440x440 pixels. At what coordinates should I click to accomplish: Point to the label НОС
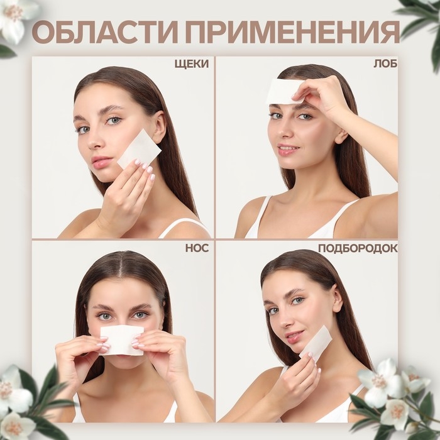pos(197,248)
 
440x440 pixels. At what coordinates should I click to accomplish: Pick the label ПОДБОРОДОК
pos(357,248)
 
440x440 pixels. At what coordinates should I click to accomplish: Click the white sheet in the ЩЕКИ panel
pos(140,150)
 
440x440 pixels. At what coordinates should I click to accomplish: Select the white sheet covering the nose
pos(121,339)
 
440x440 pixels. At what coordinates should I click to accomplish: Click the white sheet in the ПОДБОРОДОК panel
pos(316,343)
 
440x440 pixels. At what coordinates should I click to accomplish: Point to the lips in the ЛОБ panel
pos(288,151)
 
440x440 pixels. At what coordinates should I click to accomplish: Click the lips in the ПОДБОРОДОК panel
pos(294,337)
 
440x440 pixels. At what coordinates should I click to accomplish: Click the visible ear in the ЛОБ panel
pos(341,135)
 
